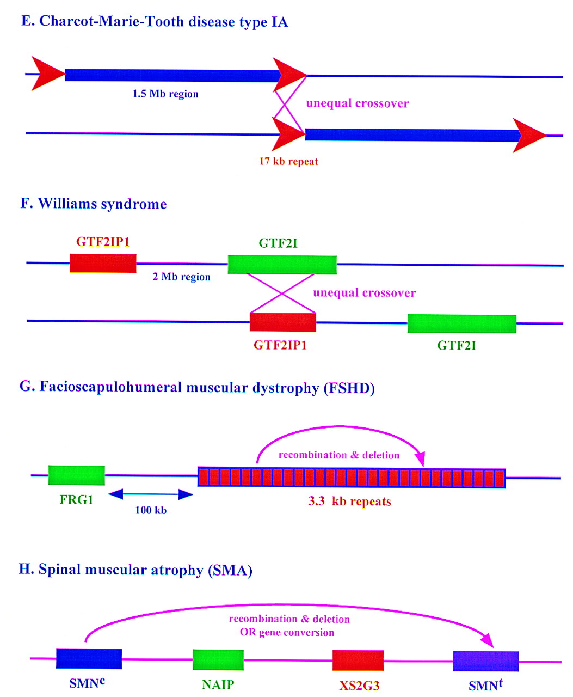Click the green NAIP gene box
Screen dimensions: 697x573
[218, 659]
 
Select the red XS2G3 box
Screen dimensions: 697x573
[358, 661]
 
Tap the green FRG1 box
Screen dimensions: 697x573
[76, 475]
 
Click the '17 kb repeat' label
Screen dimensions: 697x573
[288, 161]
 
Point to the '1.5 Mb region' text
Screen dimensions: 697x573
[165, 94]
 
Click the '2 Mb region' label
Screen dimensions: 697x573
[181, 277]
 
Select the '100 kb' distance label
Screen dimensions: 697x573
[151, 510]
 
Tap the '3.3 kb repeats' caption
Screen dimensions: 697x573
[349, 502]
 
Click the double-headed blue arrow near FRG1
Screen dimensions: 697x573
[151, 494]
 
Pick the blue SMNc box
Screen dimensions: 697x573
[89, 658]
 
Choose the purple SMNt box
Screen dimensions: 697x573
[485, 661]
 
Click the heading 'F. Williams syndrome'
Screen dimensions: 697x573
[94, 204]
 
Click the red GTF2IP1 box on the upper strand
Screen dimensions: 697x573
[102, 263]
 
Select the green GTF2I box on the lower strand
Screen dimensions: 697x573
[461, 323]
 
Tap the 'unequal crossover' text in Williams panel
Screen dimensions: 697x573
[364, 293]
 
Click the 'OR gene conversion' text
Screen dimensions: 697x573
[287, 633]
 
